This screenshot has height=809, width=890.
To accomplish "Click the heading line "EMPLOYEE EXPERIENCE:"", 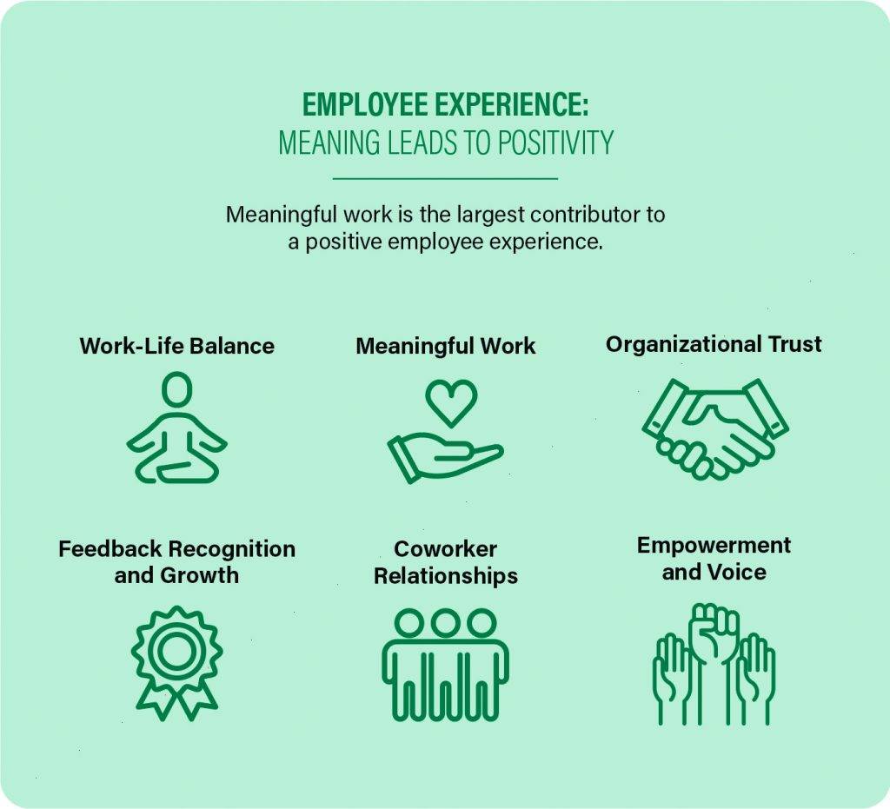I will [445, 106].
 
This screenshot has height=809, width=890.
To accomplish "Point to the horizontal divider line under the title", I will [445, 179].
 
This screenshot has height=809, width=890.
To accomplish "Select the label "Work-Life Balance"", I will [176, 346].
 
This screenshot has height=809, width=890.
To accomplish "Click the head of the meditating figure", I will [176, 388].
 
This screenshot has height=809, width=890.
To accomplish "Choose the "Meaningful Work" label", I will [445, 346].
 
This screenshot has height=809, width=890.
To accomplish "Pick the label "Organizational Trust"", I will [714, 344].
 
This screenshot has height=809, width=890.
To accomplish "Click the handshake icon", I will [714, 428].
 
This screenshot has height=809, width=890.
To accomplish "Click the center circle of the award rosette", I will [177, 647].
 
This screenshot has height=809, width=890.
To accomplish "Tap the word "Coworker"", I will [445, 549].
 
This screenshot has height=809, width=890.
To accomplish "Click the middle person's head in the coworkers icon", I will [446, 623].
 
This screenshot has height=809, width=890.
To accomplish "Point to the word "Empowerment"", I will [714, 546].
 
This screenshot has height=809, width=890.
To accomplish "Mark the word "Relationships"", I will [445, 575].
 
